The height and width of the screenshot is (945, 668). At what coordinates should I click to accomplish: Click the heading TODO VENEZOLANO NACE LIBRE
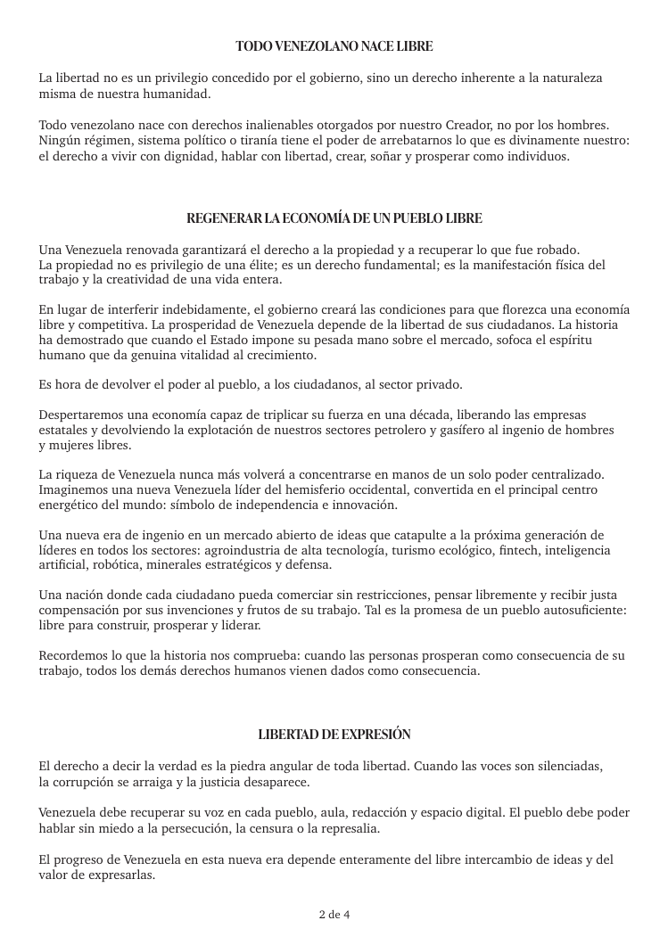click(x=334, y=45)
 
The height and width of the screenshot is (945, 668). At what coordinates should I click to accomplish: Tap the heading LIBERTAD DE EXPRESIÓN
click(x=334, y=735)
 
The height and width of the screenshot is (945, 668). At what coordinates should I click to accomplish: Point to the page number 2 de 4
click(x=334, y=915)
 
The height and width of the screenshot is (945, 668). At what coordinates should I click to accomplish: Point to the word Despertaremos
click(x=84, y=415)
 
